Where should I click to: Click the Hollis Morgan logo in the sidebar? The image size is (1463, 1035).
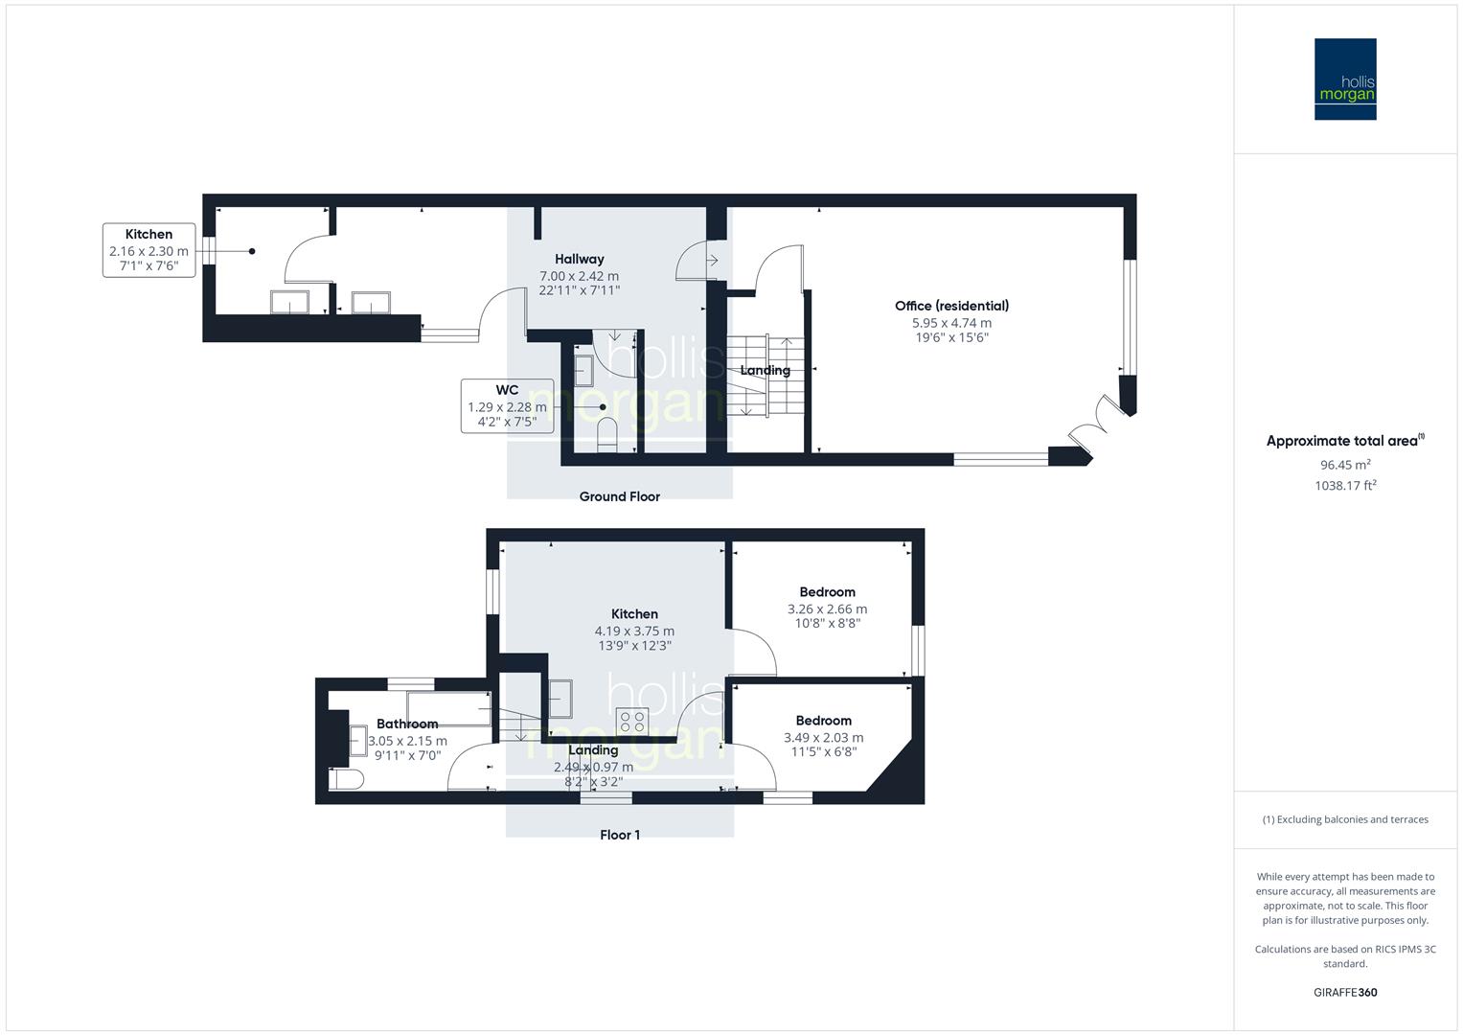coord(1344,80)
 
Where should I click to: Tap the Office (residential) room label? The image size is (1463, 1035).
coord(951,306)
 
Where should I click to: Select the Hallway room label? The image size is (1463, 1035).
coord(579,259)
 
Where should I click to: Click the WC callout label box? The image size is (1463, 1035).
coord(507,405)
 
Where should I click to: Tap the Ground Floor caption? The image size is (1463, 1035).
coord(619,496)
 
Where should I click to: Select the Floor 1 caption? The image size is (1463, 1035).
coord(619,835)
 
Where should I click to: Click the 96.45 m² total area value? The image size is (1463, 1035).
coord(1345,465)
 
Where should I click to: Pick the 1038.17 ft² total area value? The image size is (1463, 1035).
coord(1345,486)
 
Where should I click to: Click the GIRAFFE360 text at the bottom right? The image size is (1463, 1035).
coord(1345,992)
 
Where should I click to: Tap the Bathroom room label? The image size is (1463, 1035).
coord(407,724)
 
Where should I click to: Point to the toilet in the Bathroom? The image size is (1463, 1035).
coord(346,779)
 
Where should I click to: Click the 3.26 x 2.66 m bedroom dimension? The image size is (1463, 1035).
coord(827,609)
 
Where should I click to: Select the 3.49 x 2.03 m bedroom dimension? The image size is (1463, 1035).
coord(823,738)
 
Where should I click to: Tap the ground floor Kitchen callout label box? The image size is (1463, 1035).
coord(149,250)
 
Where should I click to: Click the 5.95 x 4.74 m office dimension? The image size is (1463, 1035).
coord(951,323)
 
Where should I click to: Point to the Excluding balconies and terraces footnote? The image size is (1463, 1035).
coord(1345,819)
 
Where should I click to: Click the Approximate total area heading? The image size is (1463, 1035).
coord(1343,441)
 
